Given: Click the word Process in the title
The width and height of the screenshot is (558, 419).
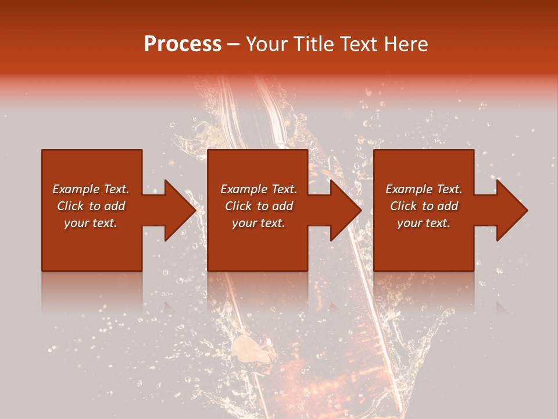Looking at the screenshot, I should point(183,44).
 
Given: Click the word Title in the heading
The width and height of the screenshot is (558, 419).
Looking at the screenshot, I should point(313,44).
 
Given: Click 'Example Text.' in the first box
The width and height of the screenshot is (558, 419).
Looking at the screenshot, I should point(91,189).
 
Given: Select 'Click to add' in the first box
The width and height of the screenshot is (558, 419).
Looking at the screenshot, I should point(91,206).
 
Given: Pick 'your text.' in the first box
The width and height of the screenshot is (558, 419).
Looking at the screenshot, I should point(91,223).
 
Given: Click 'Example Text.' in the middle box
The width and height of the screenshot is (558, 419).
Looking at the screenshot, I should point(258,189).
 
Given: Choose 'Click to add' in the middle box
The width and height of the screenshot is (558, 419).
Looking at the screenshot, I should point(258,206).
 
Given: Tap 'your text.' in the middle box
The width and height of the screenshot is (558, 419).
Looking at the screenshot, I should point(258,223).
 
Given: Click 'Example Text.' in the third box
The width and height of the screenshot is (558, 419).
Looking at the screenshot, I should point(424,189).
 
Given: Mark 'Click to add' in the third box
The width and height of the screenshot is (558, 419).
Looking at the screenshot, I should point(424,206).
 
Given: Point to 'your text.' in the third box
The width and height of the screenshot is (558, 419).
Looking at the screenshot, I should point(424,223).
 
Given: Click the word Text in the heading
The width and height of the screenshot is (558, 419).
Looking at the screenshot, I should point(358,44).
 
